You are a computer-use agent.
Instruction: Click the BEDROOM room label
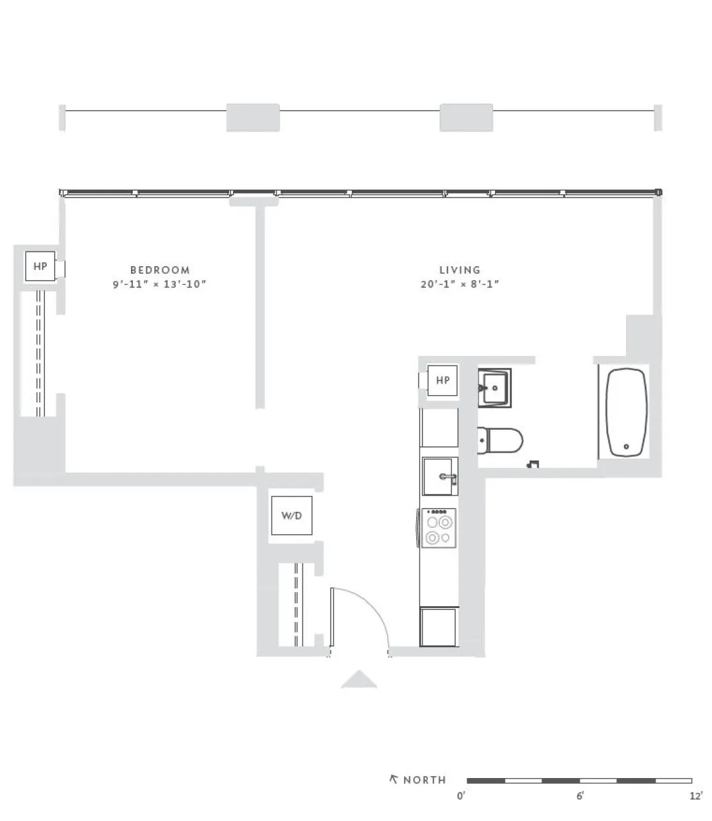pyautogui.click(x=160, y=270)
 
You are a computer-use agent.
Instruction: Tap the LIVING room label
pyautogui.click(x=460, y=270)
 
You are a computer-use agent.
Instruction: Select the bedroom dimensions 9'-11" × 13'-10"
pyautogui.click(x=160, y=284)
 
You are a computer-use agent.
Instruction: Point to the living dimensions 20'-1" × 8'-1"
pyautogui.click(x=460, y=284)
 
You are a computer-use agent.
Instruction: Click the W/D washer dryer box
pyautogui.click(x=291, y=516)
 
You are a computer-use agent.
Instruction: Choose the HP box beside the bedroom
pyautogui.click(x=40, y=266)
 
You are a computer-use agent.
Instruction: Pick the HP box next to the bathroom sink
pyautogui.click(x=442, y=380)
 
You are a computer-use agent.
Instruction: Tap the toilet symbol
pyautogui.click(x=502, y=441)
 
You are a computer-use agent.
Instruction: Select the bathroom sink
pyautogui.click(x=494, y=387)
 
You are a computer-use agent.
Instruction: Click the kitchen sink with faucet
pyautogui.click(x=440, y=477)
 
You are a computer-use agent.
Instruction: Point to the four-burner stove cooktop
pyautogui.click(x=439, y=528)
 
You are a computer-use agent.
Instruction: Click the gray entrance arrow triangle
pyautogui.click(x=359, y=680)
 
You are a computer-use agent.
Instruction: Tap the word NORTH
pyautogui.click(x=424, y=780)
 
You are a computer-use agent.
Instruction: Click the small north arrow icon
pyautogui.click(x=394, y=779)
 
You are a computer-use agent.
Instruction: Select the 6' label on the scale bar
pyautogui.click(x=580, y=796)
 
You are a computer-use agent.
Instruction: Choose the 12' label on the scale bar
pyautogui.click(x=695, y=796)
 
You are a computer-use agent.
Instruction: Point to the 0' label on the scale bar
pyautogui.click(x=460, y=796)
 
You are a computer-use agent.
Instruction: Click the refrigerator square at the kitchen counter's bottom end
pyautogui.click(x=438, y=627)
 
